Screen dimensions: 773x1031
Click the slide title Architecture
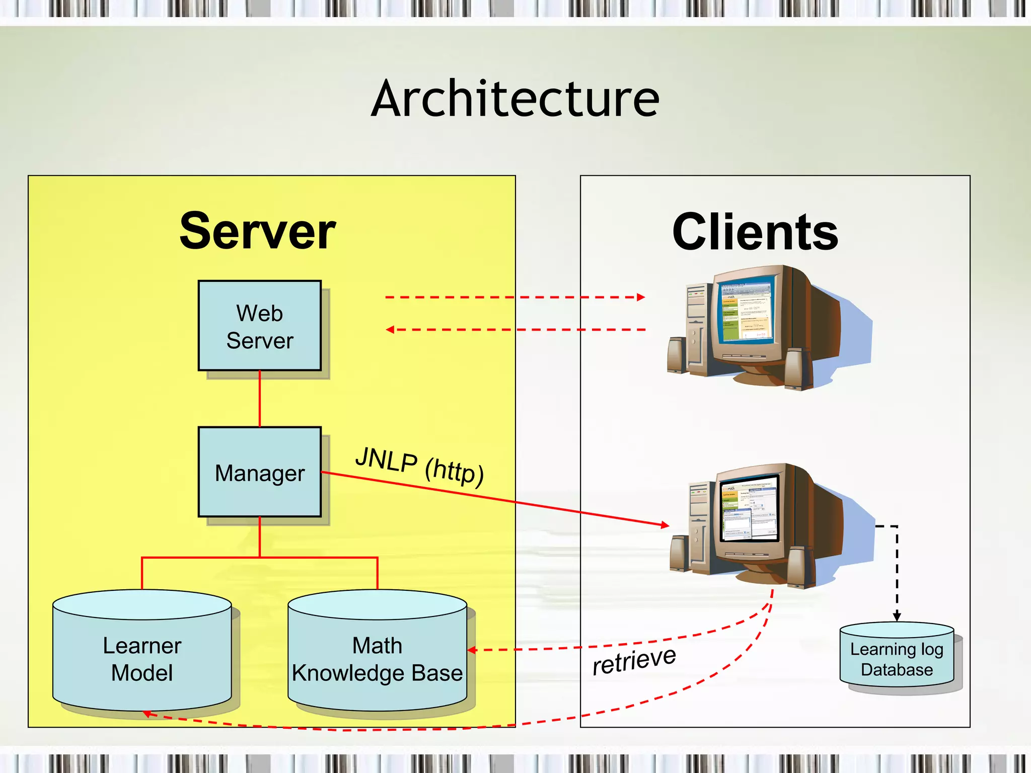tap(515, 99)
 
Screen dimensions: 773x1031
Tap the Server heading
tap(257, 231)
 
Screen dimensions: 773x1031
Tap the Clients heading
tap(755, 232)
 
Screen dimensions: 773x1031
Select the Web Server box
tap(260, 326)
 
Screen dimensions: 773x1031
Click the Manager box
tap(260, 472)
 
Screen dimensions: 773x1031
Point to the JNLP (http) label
tap(419, 466)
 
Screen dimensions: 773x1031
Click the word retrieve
tap(634, 660)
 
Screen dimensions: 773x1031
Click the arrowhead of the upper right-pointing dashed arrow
tap(641, 297)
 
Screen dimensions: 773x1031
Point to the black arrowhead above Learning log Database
tap(897, 617)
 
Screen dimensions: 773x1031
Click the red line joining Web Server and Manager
tap(260, 399)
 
